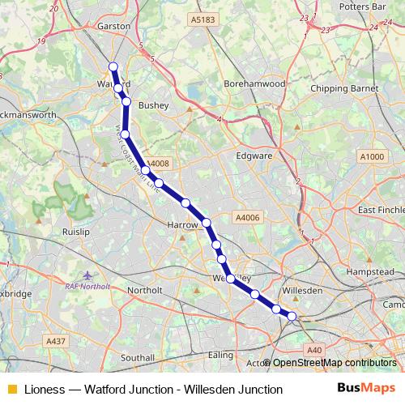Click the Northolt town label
tap(145, 289)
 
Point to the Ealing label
tap(220, 354)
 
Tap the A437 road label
tap(56, 342)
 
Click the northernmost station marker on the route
tap(113, 66)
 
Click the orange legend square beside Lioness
tap(11, 390)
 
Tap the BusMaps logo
tap(366, 389)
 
